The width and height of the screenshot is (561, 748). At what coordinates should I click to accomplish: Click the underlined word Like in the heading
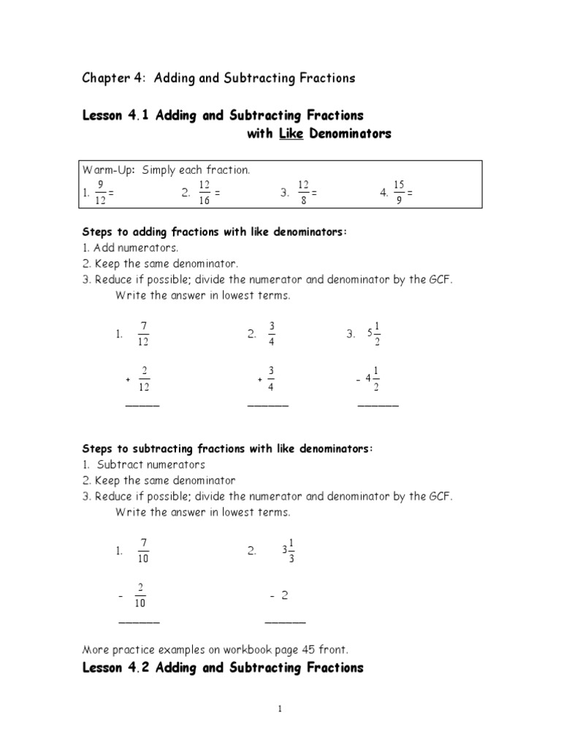[x=290, y=134]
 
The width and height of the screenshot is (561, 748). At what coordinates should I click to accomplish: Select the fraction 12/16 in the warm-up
[x=205, y=194]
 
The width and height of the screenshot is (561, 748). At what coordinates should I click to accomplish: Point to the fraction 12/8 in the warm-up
[x=304, y=194]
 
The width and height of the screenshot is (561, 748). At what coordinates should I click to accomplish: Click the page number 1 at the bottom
[x=280, y=709]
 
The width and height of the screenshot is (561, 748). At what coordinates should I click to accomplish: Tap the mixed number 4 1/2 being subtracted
[x=373, y=378]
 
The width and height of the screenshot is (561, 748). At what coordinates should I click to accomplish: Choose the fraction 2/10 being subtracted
[x=140, y=595]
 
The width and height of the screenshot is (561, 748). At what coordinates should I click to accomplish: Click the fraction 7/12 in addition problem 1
[x=142, y=334]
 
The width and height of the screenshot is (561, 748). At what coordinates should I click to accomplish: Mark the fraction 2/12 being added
[x=145, y=378]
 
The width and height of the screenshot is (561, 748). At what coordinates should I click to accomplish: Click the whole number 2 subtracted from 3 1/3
[x=285, y=596]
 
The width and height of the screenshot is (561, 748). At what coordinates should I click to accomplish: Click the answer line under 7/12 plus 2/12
[x=142, y=405]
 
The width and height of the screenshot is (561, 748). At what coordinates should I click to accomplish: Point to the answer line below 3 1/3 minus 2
[x=285, y=622]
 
